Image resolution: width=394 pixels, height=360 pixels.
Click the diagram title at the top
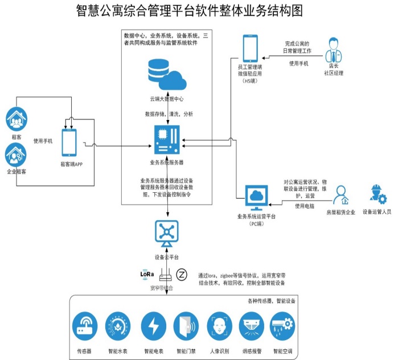coord(197,11)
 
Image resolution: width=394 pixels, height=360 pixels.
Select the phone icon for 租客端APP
coord(69,142)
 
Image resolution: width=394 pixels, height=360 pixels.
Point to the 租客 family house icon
coord(17,119)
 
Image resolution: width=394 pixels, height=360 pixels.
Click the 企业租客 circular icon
coord(17,154)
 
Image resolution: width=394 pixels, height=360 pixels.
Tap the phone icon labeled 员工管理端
coord(251,49)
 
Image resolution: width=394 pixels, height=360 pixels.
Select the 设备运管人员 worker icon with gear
coord(377,195)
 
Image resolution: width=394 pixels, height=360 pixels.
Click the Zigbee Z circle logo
coord(182,274)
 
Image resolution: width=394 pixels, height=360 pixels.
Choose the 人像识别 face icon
coord(220,327)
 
